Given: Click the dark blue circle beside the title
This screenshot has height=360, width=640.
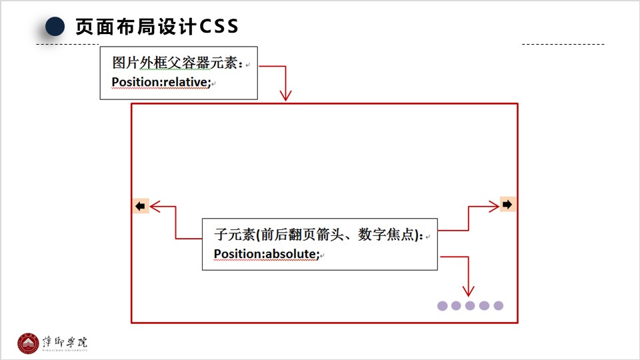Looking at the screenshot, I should click(55, 27).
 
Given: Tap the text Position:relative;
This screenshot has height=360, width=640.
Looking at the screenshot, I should click(161, 83).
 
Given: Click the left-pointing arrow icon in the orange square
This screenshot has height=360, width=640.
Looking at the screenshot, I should click(140, 207).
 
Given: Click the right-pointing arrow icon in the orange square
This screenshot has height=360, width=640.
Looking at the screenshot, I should click(508, 205).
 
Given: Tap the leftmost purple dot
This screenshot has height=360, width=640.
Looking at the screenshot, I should click(442, 306).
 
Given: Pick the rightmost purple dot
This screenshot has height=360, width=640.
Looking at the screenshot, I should click(498, 306).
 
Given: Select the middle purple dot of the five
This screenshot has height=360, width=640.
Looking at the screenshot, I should click(470, 306).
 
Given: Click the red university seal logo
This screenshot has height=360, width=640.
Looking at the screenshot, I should click(29, 343).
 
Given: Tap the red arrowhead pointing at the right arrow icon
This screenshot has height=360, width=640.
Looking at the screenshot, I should click(494, 206).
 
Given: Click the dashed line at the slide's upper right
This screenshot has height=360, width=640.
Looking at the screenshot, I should click(563, 45).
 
